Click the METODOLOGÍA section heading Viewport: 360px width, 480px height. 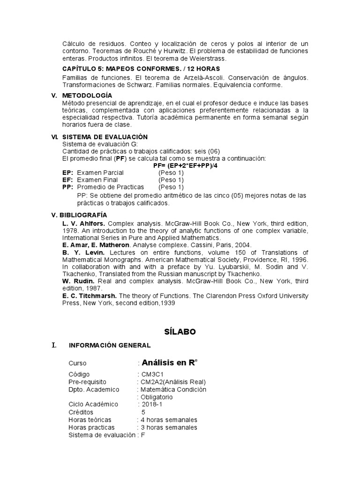coord(87,96)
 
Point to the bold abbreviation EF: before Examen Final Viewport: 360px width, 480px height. coord(67,180)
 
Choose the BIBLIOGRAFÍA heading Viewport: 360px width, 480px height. coord(85,215)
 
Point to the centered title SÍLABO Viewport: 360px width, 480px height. coord(180,332)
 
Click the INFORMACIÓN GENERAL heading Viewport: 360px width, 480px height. coord(110,345)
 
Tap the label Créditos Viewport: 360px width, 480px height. coord(81,412)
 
